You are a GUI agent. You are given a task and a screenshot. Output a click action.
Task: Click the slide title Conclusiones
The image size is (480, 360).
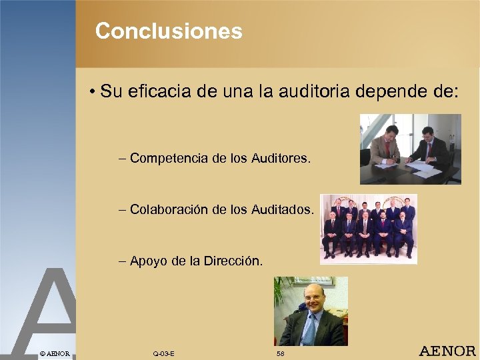click(169, 31)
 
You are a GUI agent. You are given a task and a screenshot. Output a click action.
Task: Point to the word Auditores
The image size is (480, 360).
click(281, 159)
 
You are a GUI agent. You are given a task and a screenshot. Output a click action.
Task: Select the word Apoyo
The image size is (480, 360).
click(148, 261)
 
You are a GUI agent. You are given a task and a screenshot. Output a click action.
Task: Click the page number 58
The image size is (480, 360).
click(281, 352)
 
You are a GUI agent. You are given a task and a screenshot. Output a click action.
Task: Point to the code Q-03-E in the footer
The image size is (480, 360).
click(163, 352)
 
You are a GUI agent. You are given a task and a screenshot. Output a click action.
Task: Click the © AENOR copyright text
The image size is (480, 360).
click(54, 352)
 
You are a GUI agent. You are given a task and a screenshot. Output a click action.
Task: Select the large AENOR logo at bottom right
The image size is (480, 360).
click(447, 351)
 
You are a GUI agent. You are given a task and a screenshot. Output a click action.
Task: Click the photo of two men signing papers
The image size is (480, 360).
click(409, 149)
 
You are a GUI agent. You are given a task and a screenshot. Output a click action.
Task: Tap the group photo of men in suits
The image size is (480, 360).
click(368, 228)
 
